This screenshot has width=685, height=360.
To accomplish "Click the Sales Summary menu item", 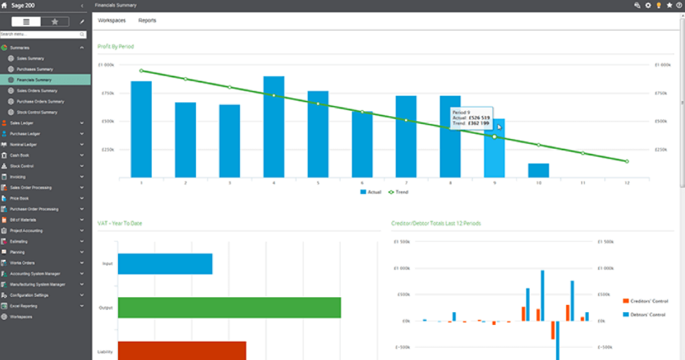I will (x=30, y=58).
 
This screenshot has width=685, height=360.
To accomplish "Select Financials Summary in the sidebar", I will (x=34, y=80).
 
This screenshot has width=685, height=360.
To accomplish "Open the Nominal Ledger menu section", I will (x=24, y=145).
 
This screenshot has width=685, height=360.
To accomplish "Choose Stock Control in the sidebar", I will (x=23, y=166).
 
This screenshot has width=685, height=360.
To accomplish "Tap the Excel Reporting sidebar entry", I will (x=24, y=306).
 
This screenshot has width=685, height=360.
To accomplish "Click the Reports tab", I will (x=147, y=21).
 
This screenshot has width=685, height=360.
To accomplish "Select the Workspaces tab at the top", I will (x=112, y=21).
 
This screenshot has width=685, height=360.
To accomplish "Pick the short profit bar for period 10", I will (x=538, y=170).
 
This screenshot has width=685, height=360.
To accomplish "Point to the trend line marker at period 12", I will (x=626, y=162).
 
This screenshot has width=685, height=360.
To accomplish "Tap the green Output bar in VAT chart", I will (x=229, y=307).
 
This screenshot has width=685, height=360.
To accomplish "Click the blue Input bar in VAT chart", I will (x=165, y=264).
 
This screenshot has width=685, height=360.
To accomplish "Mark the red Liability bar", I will (x=182, y=350).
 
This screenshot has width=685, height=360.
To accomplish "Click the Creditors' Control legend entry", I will (x=647, y=301).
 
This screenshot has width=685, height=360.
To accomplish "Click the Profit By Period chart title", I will (x=116, y=47).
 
